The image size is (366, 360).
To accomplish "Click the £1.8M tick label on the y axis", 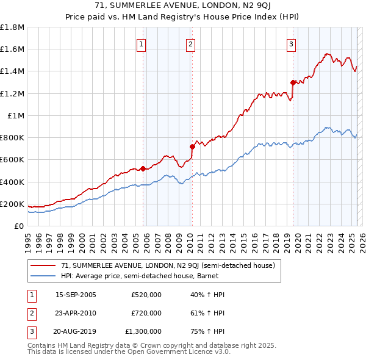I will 12,27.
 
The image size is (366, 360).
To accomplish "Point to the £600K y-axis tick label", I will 12,160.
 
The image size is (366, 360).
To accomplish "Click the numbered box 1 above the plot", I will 142,43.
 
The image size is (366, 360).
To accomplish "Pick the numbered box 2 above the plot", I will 190,43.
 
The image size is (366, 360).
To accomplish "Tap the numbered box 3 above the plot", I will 292,43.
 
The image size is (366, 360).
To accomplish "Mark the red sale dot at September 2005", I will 143,169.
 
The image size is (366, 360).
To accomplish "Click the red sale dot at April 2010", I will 192,146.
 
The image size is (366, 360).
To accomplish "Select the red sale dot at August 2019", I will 293,82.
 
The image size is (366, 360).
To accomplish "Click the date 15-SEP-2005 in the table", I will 76,295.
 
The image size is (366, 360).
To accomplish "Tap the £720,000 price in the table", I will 146,313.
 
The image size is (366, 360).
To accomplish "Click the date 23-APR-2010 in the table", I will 76,313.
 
